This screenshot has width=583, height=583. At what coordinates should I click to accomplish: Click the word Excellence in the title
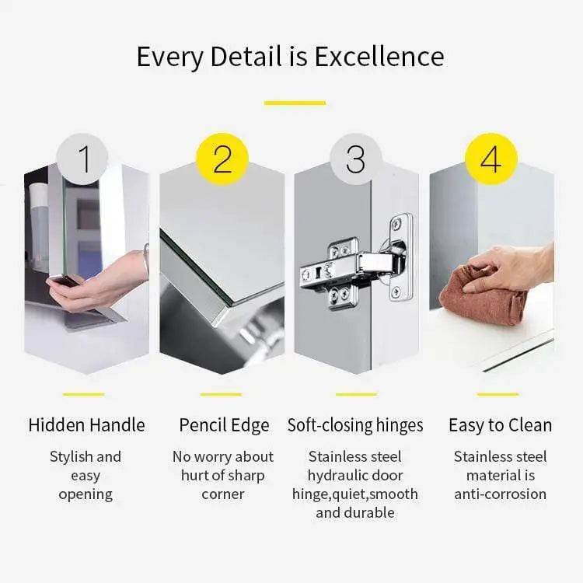coord(390,57)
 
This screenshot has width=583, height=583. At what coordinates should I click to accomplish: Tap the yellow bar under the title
coord(295,102)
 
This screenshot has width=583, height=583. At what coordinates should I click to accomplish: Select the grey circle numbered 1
coord(85,159)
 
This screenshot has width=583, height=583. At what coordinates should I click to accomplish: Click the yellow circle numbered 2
coord(222,159)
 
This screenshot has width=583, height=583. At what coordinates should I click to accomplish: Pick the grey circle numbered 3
coord(355,159)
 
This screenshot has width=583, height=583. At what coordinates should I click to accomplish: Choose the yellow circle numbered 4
coord(490,159)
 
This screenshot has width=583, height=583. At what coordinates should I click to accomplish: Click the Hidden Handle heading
coord(86,425)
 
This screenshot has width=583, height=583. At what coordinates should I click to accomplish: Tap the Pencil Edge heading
coord(224,425)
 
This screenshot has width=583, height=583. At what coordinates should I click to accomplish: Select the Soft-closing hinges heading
coord(355,425)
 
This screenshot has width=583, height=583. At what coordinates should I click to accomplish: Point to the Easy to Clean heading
coord(500,425)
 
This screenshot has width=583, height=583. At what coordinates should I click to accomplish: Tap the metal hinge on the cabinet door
coord(354,268)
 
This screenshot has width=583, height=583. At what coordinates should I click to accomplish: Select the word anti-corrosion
coord(501,494)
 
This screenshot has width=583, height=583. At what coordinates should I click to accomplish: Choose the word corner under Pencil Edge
coord(223,494)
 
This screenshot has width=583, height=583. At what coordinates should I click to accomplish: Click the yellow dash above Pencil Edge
coord(221,394)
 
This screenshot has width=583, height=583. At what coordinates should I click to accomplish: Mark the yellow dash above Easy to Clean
coord(497,394)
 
